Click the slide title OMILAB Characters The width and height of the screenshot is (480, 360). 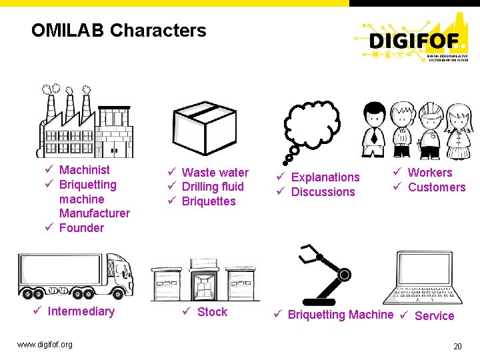pyautogui.click(x=119, y=31)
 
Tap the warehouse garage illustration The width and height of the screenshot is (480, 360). pyautogui.click(x=203, y=279)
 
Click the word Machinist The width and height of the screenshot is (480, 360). pyautogui.click(x=85, y=170)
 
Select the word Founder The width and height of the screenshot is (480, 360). pyautogui.click(x=81, y=228)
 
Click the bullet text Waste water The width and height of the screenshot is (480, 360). pyautogui.click(x=215, y=173)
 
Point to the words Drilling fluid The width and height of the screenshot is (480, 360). pyautogui.click(x=213, y=187)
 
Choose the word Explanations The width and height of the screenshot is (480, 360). pyautogui.click(x=325, y=177)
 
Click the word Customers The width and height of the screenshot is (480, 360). pyautogui.click(x=437, y=187)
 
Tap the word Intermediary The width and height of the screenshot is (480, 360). pyautogui.click(x=81, y=311)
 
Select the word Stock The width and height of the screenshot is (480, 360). pyautogui.click(x=212, y=312)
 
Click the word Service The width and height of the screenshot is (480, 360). pyautogui.click(x=434, y=316)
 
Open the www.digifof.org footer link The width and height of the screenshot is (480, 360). pyautogui.click(x=45, y=345)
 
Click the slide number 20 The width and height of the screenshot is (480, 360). pyautogui.click(x=457, y=346)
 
